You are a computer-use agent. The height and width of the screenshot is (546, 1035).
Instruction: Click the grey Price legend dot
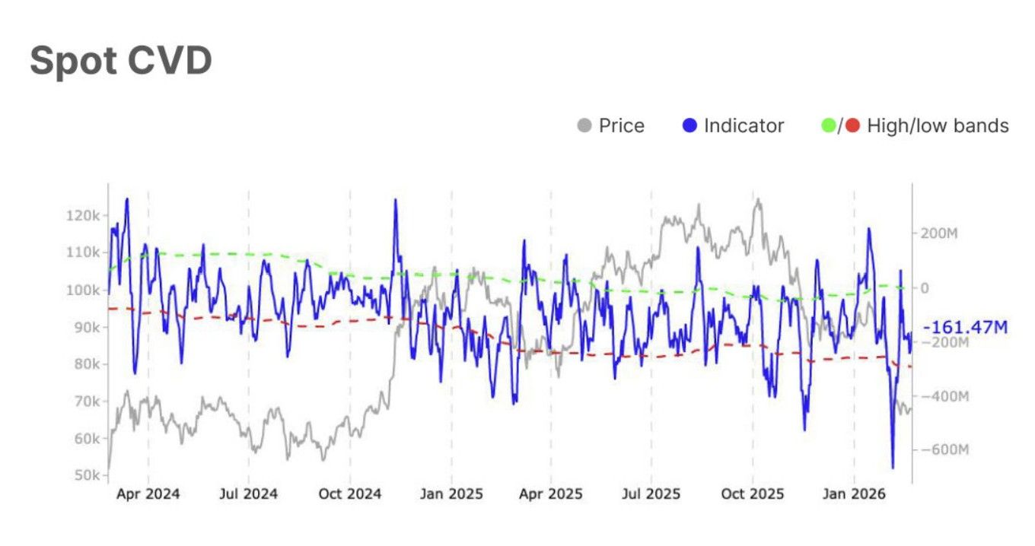point(584,125)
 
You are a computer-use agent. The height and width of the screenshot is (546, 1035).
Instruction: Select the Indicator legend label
point(744,125)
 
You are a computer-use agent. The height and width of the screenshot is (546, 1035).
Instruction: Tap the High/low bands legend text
point(938,125)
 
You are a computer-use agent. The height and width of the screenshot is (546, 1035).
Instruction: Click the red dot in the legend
point(852,125)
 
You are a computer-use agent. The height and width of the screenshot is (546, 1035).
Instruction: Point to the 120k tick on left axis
point(84,215)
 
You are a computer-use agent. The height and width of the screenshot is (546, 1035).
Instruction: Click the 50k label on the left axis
point(86,475)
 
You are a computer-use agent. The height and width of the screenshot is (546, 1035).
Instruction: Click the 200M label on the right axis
point(939,233)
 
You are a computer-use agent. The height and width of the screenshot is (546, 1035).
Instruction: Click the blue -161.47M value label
point(965,328)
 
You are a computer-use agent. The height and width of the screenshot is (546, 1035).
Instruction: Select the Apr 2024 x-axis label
point(148,494)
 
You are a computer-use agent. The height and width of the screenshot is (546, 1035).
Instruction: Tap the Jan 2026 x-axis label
point(854,494)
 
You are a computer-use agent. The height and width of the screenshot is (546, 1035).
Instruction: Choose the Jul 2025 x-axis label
point(651,494)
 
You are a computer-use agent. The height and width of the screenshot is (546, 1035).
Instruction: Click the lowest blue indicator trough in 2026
point(893,468)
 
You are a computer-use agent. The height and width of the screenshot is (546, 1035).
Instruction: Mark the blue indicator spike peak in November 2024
point(395,200)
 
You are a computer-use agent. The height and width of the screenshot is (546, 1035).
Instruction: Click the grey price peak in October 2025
point(757,201)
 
